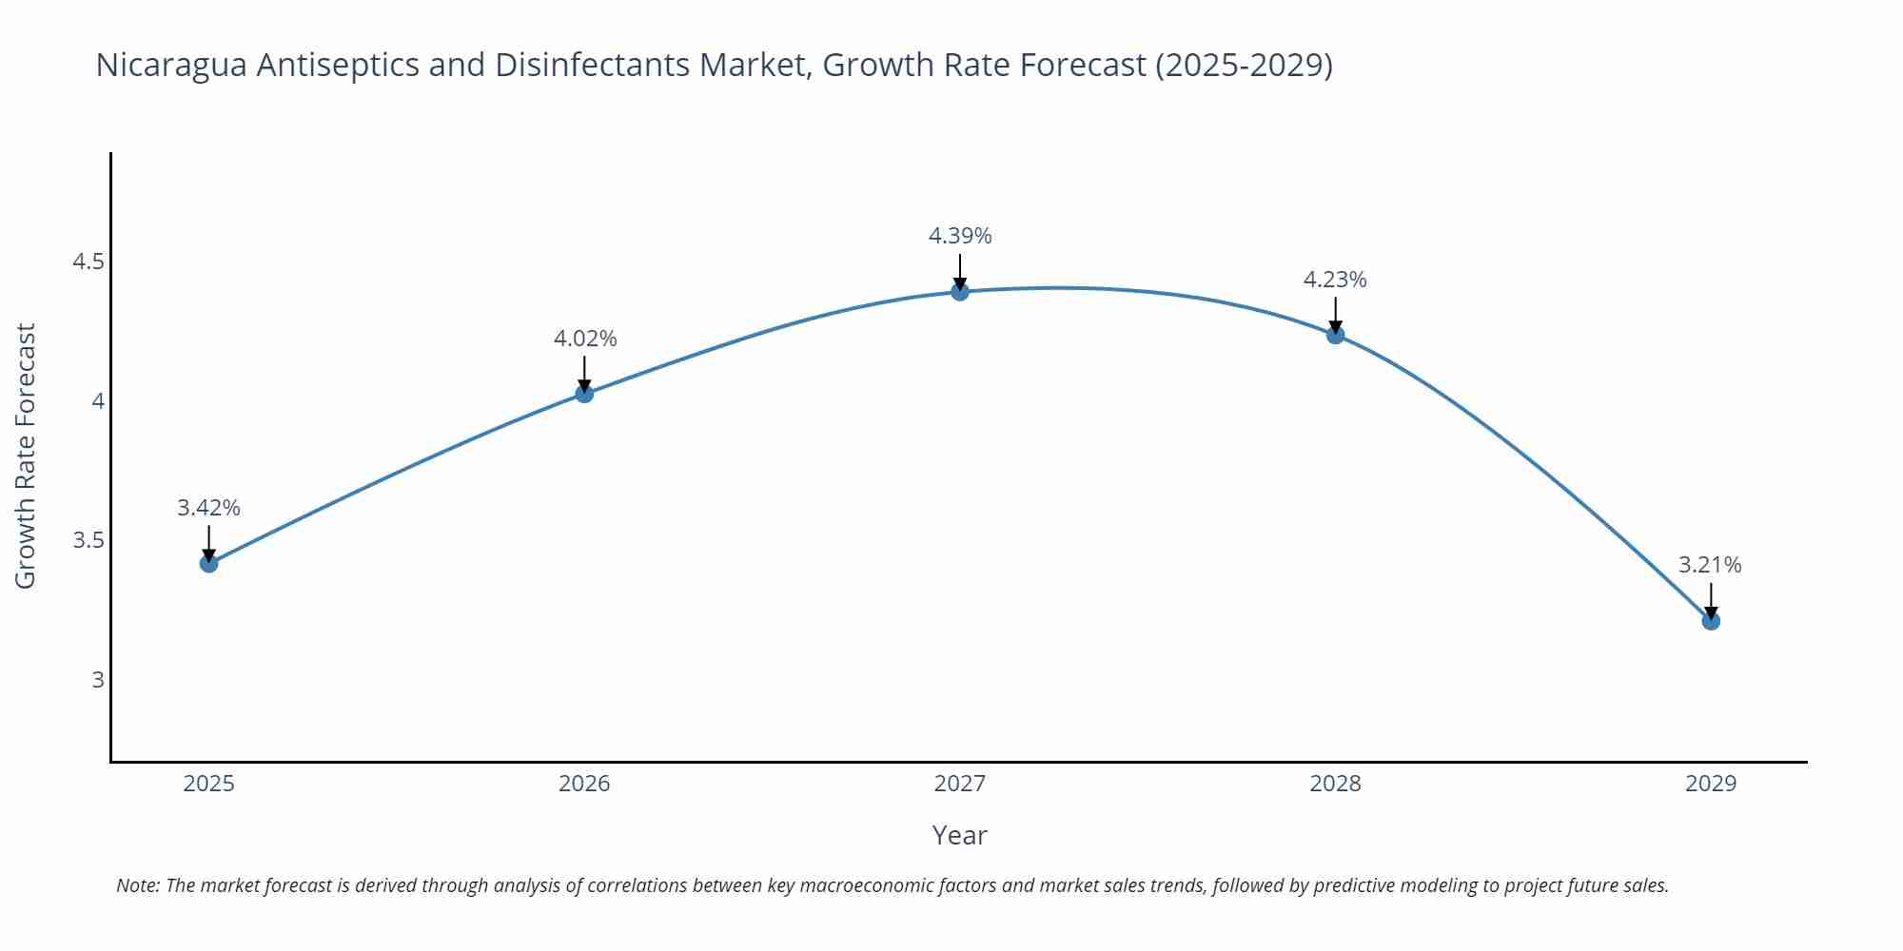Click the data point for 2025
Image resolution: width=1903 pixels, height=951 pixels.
click(209, 563)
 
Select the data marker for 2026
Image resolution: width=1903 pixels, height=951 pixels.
click(584, 394)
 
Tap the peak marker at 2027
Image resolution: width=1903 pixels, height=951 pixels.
click(960, 291)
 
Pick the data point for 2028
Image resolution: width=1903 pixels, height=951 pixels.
click(1335, 335)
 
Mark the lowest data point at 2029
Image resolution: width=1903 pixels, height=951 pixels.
click(1711, 621)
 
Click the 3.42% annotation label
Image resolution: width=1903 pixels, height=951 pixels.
click(209, 508)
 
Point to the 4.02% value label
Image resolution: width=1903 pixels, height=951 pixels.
click(585, 339)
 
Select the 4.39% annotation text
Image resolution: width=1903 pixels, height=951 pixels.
click(960, 236)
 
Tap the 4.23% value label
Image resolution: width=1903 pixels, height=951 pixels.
click(1335, 280)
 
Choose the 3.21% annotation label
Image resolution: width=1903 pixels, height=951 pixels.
click(1710, 565)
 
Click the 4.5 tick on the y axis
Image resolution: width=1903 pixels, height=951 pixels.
click(88, 262)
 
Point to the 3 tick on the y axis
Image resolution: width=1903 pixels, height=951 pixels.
click(97, 680)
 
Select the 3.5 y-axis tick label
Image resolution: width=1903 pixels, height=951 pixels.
click(88, 541)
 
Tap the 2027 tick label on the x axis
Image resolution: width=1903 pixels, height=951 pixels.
click(960, 784)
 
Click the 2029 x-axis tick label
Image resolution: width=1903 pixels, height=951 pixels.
click(1711, 784)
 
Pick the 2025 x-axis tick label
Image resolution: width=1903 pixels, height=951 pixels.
click(209, 784)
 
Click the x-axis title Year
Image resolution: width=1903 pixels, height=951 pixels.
click(959, 835)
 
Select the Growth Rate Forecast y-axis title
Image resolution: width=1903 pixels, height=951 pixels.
click(26, 456)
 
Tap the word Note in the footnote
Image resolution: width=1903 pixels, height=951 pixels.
click(137, 885)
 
